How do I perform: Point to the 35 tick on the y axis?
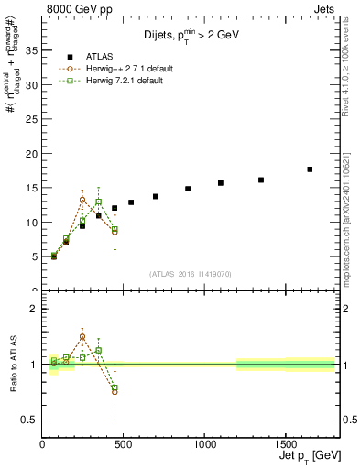(32, 50)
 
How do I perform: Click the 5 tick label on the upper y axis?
(35, 256)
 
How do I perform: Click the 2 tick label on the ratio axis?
(35, 309)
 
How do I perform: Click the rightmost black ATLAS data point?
(310, 169)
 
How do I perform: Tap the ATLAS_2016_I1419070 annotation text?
(191, 273)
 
